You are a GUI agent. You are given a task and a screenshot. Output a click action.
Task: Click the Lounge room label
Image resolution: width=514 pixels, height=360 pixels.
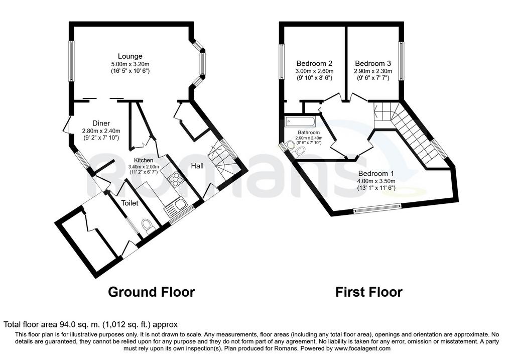tap(130, 56)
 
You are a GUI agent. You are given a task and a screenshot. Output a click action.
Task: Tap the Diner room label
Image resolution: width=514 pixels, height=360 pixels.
tap(101, 124)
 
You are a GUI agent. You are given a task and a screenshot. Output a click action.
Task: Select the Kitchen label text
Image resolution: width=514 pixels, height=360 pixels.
tap(144, 160)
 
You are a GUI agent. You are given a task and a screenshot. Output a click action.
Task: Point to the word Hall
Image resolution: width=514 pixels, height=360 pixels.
tap(197, 166)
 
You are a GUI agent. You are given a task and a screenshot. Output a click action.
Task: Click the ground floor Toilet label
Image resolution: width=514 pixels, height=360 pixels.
tap(130, 203)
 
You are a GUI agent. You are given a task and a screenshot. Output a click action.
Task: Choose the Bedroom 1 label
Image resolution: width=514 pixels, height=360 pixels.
tap(376, 173)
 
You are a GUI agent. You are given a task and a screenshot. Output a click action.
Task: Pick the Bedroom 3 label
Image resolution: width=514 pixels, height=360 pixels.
tap(373, 63)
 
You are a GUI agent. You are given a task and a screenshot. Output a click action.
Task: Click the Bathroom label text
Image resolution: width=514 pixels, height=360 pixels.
tap(309, 133)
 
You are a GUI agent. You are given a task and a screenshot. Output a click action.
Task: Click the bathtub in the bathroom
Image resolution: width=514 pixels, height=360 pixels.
tap(300, 122)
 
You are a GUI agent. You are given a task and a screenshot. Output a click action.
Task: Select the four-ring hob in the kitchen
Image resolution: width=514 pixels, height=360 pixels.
tap(175, 178)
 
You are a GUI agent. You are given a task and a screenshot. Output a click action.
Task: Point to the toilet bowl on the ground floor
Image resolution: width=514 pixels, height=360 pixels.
tap(148, 226)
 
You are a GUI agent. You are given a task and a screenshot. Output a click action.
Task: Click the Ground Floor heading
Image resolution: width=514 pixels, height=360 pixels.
tap(152, 292)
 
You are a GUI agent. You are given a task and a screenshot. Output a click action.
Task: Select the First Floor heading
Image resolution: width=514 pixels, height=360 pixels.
tap(369, 292)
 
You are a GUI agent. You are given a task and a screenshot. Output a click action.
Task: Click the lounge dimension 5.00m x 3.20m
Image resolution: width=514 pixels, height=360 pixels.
tap(130, 64)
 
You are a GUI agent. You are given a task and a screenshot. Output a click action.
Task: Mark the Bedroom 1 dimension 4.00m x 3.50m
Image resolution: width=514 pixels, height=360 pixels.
tap(376, 181)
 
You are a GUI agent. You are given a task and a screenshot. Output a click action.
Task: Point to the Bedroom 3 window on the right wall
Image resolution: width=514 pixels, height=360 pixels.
tap(401, 61)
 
